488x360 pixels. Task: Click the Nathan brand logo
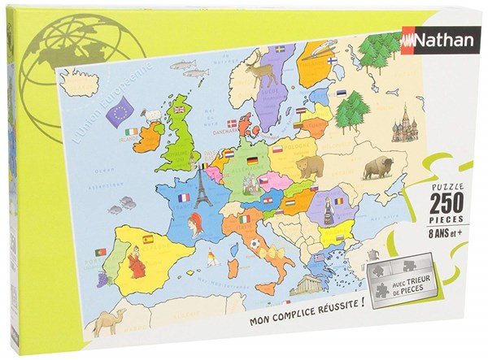pyautogui.click(x=431, y=38)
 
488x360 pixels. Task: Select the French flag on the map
pyautogui.click(x=183, y=197)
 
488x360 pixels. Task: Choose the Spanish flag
pyautogui.click(x=149, y=240)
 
